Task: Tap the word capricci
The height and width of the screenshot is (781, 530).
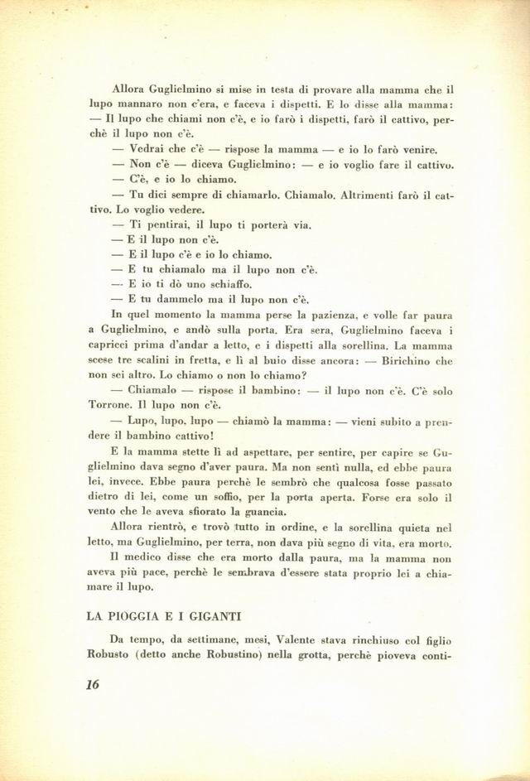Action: click(113, 344)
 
